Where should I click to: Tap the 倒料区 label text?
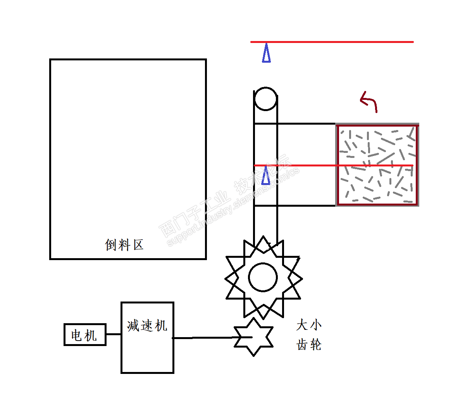tap(124, 245)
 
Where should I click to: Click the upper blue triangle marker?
tap(266, 53)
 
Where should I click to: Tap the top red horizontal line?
tap(332, 42)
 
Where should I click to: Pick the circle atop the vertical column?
tap(265, 87)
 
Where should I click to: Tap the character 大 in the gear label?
tap(302, 325)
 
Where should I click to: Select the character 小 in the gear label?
tap(316, 325)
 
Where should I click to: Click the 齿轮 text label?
tap(309, 344)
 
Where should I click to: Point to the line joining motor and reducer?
tap(113, 334)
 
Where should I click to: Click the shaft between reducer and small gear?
tap(212, 338)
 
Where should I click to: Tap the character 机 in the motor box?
tap(91, 335)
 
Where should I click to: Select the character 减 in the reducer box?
tap(133, 326)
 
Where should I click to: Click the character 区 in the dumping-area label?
tap(138, 245)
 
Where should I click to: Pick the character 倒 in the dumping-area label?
tap(111, 245)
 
